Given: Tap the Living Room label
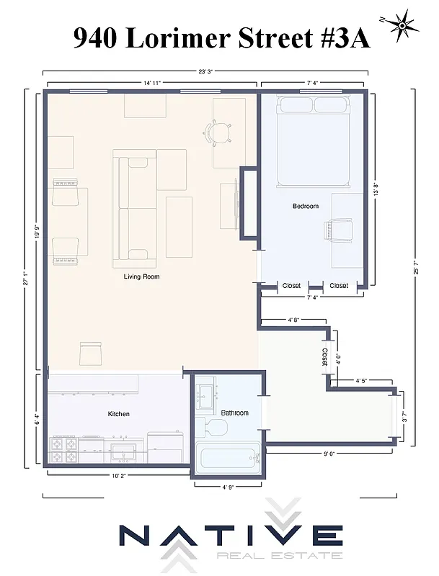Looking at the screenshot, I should click(141, 276).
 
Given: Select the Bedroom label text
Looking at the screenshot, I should click(305, 207).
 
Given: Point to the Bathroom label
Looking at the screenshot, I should click(234, 413).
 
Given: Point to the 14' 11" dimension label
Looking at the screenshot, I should click(151, 84).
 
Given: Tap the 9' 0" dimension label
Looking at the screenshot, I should click(331, 454).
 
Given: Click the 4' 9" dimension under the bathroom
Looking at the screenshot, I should click(229, 487).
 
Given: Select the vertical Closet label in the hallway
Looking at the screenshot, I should click(324, 356).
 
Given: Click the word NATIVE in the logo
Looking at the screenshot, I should click(231, 536).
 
